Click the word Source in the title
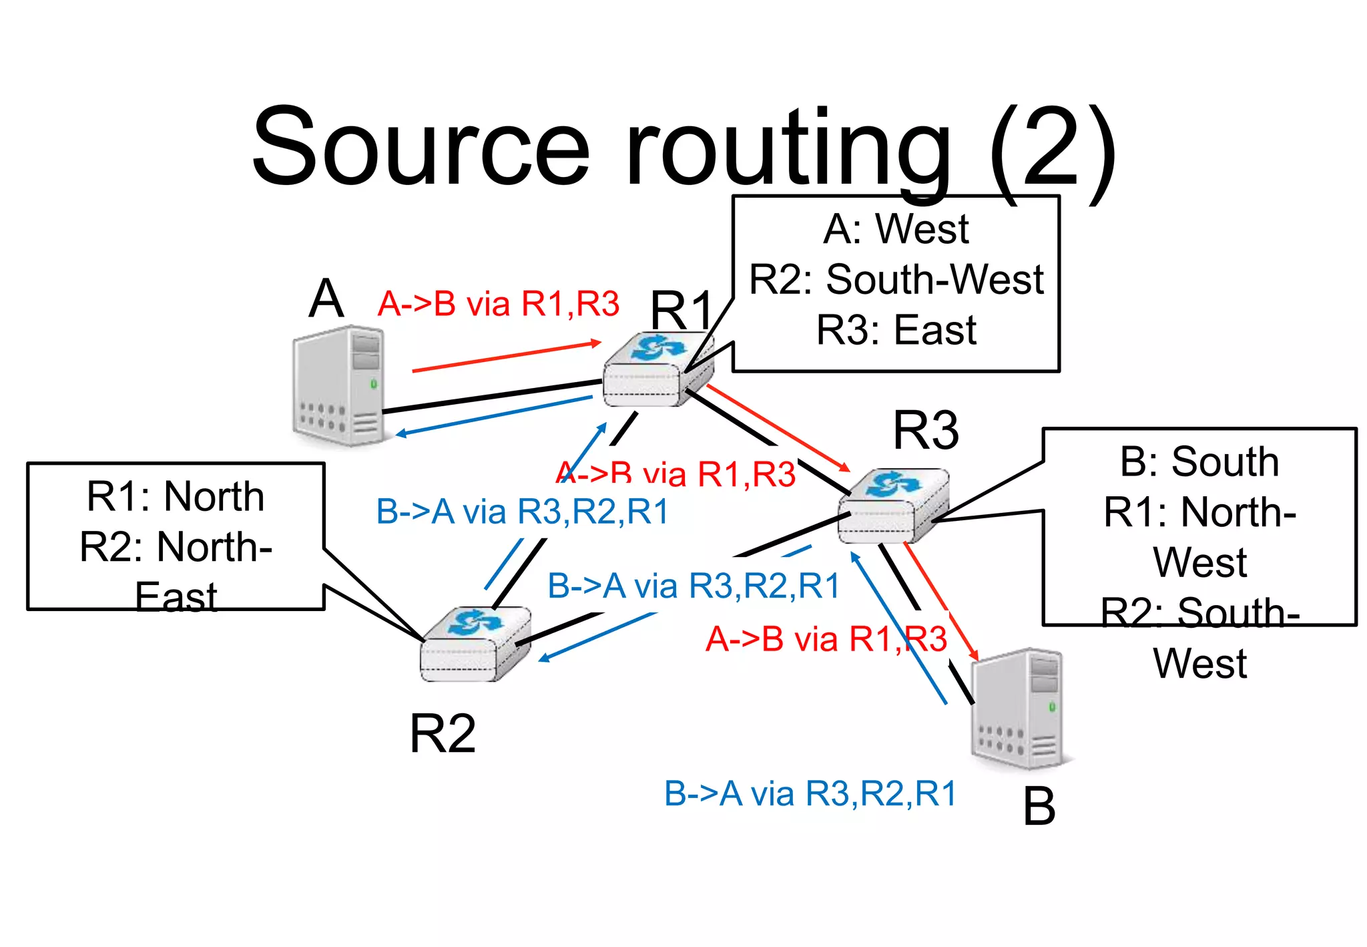(x=421, y=147)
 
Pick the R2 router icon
(x=475, y=644)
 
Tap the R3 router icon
(x=892, y=506)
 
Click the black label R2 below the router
(x=443, y=733)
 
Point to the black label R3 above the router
(x=926, y=430)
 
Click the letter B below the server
(x=1039, y=807)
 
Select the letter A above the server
(x=326, y=299)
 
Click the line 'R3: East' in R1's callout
(x=896, y=330)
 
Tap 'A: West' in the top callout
(x=896, y=229)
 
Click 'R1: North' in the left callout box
(x=176, y=496)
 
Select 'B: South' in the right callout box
(x=1199, y=461)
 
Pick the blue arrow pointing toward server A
(x=494, y=416)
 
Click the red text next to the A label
(x=498, y=304)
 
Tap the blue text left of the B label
(x=810, y=794)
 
